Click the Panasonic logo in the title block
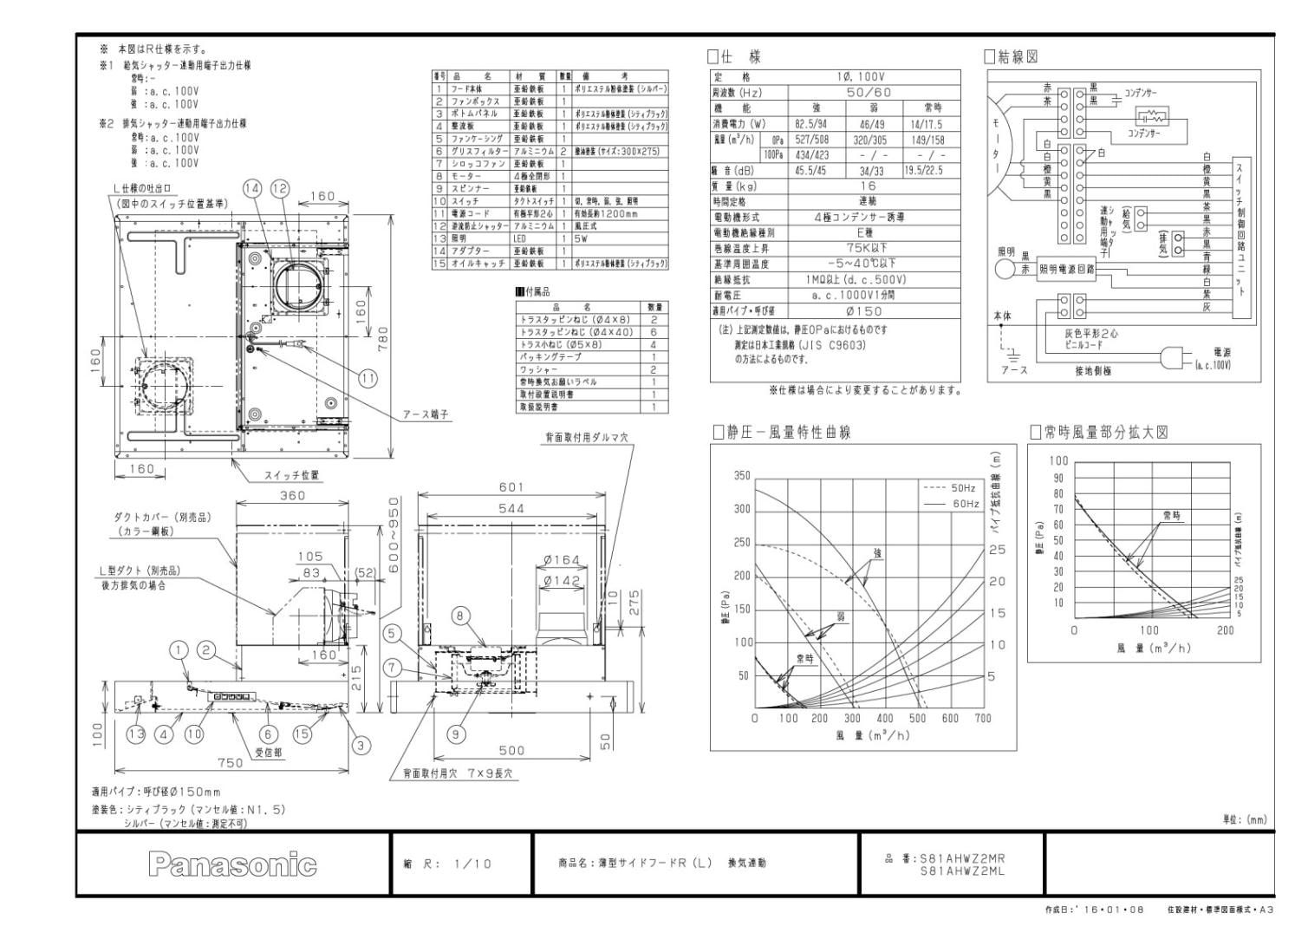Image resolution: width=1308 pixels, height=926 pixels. click(x=232, y=864)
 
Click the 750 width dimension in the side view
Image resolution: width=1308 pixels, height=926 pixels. click(x=230, y=763)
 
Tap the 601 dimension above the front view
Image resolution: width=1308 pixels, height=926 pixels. click(x=511, y=487)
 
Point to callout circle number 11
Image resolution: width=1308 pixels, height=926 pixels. click(x=368, y=377)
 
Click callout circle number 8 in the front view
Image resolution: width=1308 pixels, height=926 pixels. click(x=461, y=616)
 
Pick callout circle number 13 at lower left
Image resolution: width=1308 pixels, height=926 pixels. click(x=136, y=734)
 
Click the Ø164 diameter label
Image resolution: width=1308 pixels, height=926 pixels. click(x=561, y=561)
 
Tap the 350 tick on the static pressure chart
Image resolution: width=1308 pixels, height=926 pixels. click(x=741, y=476)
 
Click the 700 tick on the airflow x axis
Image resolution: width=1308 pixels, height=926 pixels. click(x=982, y=718)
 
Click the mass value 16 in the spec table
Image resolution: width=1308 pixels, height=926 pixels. click(x=868, y=186)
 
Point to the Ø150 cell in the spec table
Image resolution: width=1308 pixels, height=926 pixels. click(x=863, y=310)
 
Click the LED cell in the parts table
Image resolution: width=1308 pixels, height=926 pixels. click(x=520, y=238)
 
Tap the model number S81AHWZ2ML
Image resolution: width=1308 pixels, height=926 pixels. click(x=961, y=871)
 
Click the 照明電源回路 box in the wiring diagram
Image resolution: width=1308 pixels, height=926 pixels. click(x=1066, y=270)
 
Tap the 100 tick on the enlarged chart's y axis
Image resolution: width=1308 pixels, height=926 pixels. click(x=1058, y=460)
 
